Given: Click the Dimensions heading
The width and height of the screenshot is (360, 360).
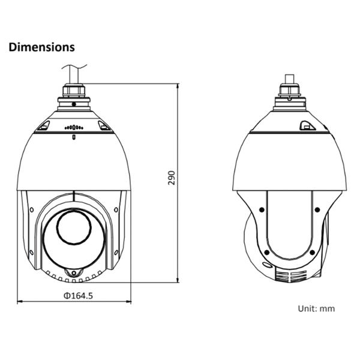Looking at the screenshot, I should pos(41,47).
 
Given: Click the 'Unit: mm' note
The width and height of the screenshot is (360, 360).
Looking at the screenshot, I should pos(316,308).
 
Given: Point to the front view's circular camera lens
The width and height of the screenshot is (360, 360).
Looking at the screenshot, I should pos(73,230).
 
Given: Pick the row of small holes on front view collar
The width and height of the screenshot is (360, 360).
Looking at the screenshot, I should pos(73,127).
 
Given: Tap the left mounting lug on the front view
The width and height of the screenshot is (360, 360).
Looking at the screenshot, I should pos(44,125).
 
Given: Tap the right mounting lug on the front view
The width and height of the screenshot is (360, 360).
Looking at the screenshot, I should pos(103,125).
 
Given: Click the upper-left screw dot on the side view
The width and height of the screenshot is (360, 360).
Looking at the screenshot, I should pos(262,209).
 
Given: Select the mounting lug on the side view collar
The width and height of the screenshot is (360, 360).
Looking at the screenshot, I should pos(307,125).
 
